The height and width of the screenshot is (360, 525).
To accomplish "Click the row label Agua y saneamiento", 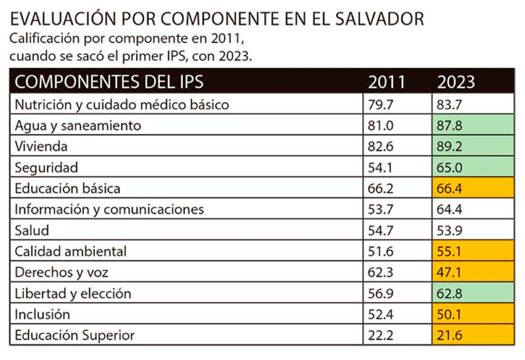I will [78, 125].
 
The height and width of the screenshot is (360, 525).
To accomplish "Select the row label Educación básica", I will [68, 188].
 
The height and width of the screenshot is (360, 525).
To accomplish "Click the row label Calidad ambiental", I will [70, 251].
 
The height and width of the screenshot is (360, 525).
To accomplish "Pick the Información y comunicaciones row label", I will [110, 209].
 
